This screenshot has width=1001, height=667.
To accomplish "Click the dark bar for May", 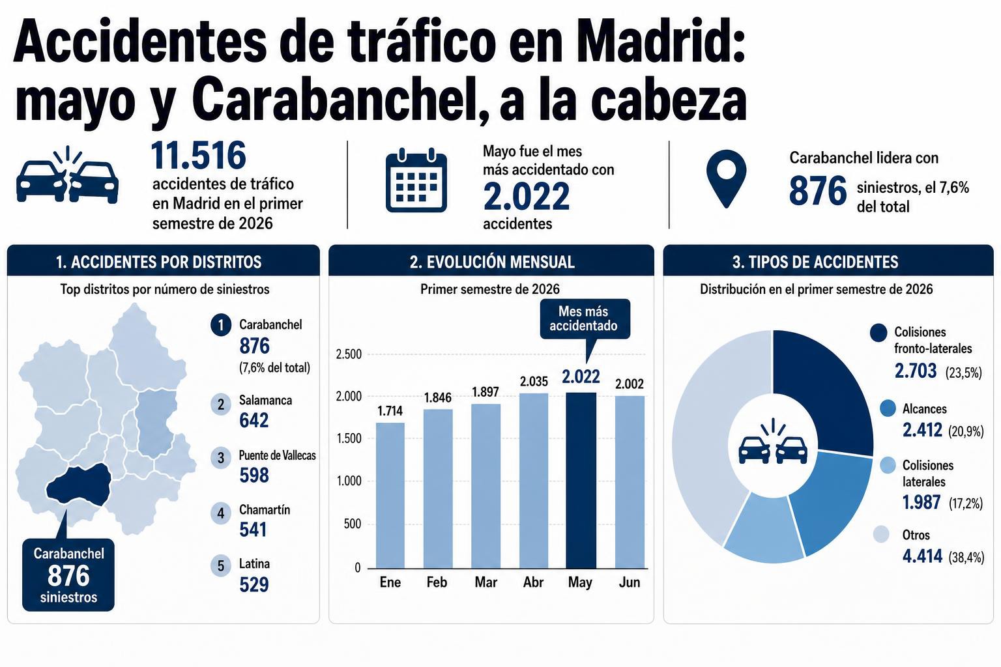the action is coord(581,480).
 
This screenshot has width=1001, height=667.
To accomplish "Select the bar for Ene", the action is coord(390,496).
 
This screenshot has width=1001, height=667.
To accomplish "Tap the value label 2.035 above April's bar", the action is coord(534,382).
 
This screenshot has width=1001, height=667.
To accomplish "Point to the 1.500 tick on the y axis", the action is coord(349,438).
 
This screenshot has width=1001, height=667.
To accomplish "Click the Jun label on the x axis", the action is coord(629,582).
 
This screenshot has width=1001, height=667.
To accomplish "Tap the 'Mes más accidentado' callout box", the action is coord(585,319).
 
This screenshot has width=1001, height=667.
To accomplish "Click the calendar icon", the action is coord(416,180).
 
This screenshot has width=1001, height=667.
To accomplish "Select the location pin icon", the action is coord(726,178).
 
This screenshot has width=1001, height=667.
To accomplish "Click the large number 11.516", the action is coord(198,156).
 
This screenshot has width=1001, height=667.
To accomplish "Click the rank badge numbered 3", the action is coord(221,457).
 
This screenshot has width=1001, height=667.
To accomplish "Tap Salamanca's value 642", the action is coord(254,420).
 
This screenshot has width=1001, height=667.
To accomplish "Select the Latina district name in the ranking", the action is coord(254,564).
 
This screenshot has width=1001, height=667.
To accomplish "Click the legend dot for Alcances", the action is coord(888,408).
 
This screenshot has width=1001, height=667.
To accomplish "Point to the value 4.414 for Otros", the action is coord(922,556).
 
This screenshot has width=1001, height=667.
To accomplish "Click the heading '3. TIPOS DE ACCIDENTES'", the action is coord(815,263).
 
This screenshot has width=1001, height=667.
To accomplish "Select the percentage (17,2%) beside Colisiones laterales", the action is coord(966,504).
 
